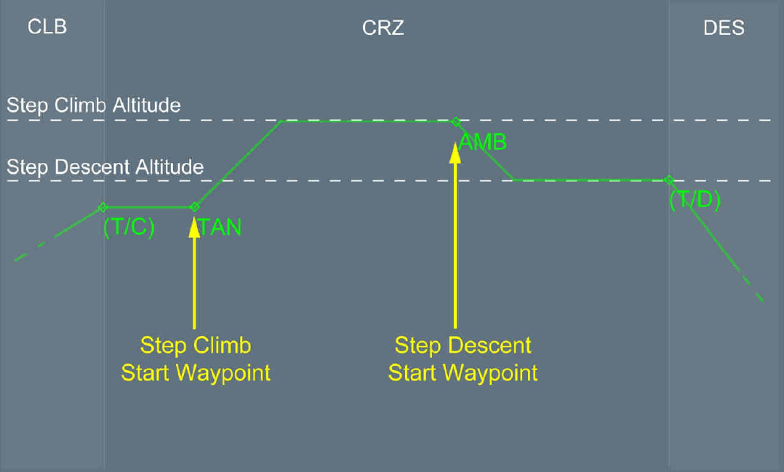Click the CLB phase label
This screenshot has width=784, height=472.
47,28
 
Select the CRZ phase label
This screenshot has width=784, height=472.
383,28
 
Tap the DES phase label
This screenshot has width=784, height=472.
724,28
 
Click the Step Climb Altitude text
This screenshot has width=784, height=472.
94,105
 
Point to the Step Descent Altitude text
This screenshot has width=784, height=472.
105,167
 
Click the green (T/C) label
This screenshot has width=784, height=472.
129,228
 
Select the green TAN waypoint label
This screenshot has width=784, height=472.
220,228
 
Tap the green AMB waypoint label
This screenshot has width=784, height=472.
484,142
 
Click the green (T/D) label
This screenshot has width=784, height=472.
695,200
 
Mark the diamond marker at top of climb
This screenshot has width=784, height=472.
103,207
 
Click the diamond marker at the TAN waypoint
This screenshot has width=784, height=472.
194,207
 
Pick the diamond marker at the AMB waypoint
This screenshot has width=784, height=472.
455,121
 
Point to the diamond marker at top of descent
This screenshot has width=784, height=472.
668,180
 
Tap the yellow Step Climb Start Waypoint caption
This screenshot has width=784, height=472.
196,359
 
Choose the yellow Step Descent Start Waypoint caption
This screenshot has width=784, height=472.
463,359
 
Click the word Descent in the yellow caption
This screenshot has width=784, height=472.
491,345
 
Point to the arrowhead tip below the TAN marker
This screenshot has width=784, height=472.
194,216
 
